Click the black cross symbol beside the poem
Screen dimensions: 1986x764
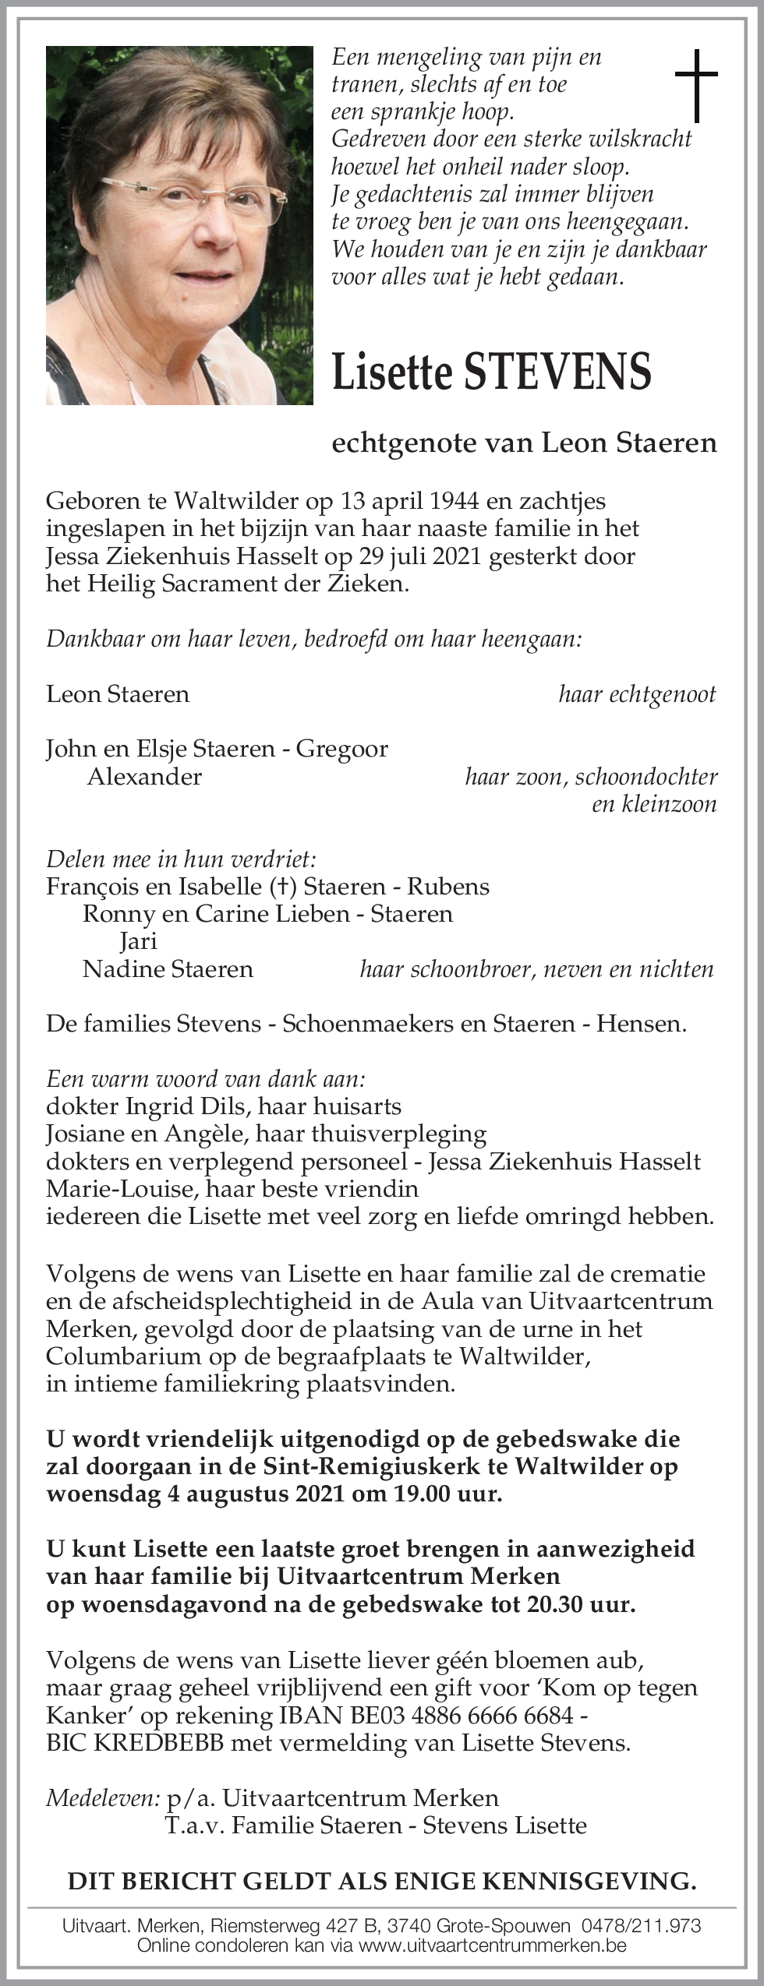695,86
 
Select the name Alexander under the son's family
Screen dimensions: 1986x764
144,776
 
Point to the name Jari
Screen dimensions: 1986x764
138,941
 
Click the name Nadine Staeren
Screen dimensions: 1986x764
168,968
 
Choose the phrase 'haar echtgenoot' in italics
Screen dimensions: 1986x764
637,694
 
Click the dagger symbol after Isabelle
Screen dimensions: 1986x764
281,887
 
